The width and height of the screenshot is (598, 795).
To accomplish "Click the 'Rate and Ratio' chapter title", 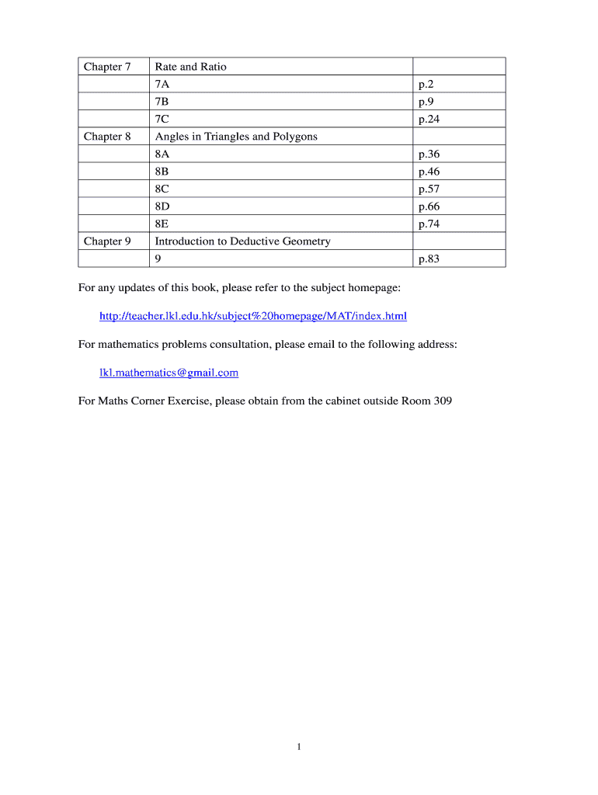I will [191, 67].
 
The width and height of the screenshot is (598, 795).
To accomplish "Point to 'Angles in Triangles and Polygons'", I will [236, 137].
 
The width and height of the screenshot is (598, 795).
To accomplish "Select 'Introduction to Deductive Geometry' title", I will [242, 241].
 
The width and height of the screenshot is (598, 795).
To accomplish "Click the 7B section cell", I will [162, 102].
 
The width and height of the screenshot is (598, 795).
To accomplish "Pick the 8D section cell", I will [162, 207].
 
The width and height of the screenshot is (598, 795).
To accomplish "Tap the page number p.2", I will [426, 85].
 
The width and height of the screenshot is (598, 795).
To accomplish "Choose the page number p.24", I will [429, 120].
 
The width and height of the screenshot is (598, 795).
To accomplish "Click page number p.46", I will [429, 172].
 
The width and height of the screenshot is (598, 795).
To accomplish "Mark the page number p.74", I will [429, 224].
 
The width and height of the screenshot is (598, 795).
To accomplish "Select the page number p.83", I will [429, 259].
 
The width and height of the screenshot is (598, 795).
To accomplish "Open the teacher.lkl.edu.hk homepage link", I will [253, 316].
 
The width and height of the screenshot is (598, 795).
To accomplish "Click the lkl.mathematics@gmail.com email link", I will [169, 373].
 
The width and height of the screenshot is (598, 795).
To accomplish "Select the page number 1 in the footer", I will [299, 747].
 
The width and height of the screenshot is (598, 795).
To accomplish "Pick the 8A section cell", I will [162, 154].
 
